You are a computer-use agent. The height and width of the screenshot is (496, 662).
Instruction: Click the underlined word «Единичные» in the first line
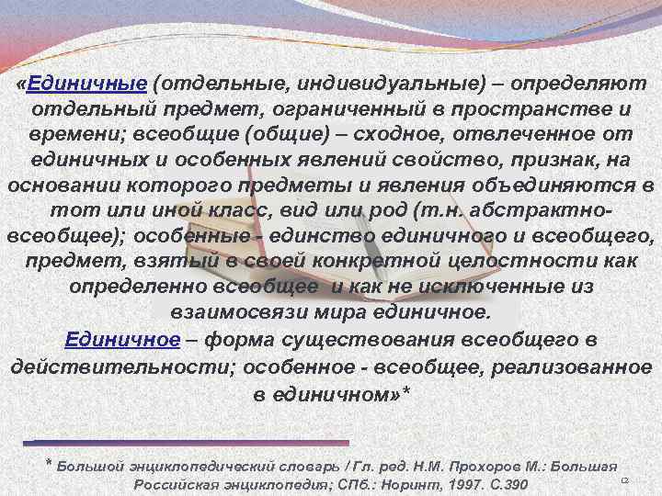tap(87, 83)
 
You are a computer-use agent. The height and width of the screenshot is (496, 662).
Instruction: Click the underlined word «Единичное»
tap(122, 340)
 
